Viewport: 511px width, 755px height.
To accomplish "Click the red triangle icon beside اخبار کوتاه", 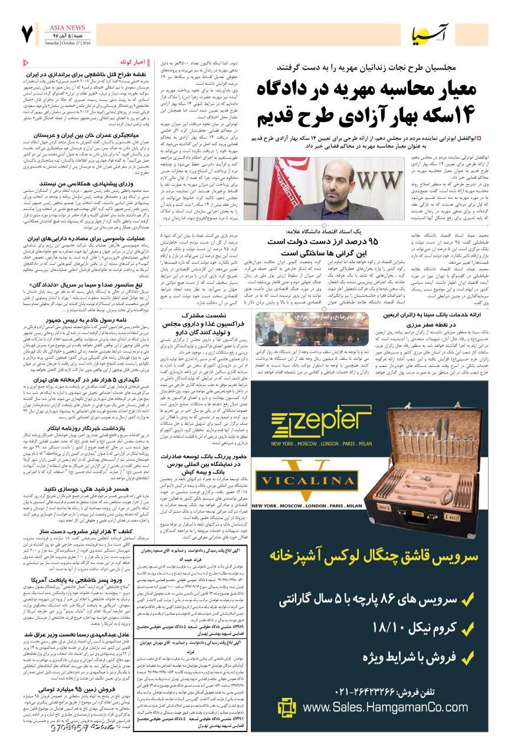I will (x=25, y=63).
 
